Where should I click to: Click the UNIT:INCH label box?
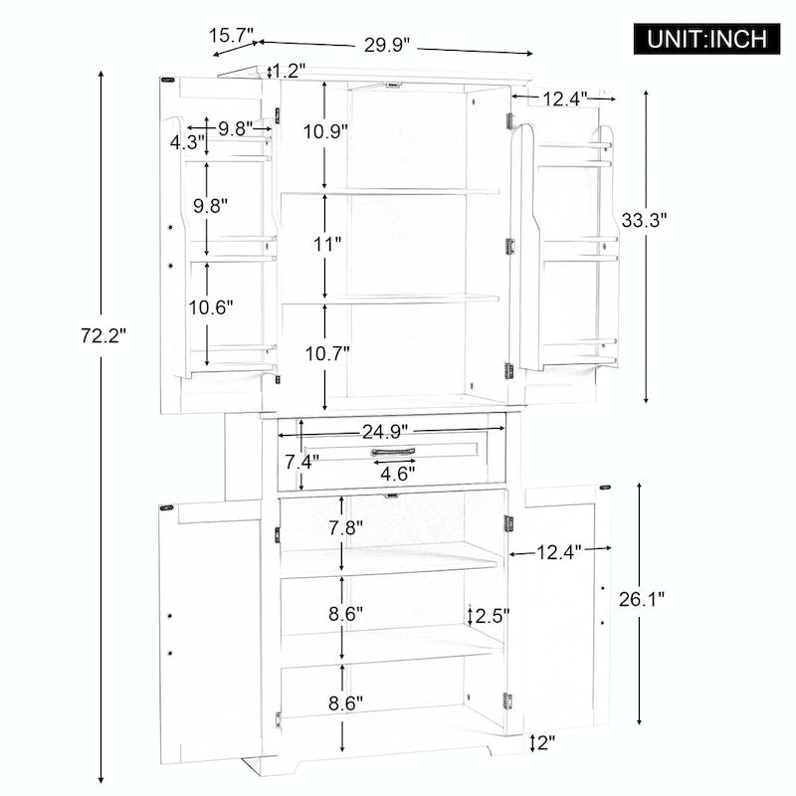pyautogui.click(x=707, y=39)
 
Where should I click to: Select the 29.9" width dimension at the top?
pyautogui.click(x=387, y=45)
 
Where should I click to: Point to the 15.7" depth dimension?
pyautogui.click(x=231, y=36)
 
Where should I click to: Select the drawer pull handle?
pyautogui.click(x=396, y=454)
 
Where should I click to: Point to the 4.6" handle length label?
pyautogui.click(x=398, y=474)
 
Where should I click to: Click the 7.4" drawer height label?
pyautogui.click(x=301, y=462)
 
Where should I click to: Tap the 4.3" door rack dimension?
pyautogui.click(x=186, y=142)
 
